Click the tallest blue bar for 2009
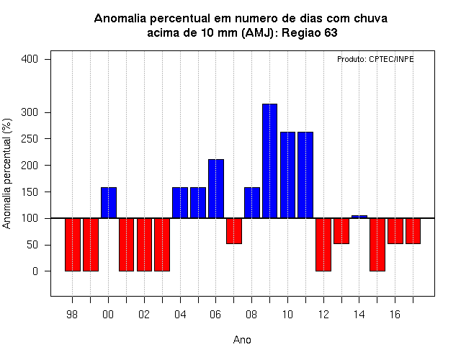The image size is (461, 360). [x=269, y=161]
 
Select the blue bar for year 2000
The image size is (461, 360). [x=109, y=202]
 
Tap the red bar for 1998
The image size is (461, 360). [x=73, y=245]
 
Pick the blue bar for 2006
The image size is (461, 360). [x=216, y=189]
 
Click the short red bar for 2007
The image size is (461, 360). [x=234, y=231]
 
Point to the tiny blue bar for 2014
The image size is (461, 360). [x=359, y=217]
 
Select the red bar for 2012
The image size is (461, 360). [x=323, y=245]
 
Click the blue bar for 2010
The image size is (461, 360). [x=287, y=175]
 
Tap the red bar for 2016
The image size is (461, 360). [x=395, y=231]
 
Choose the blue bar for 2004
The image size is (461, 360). [x=180, y=202]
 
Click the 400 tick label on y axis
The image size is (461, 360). [x=30, y=59]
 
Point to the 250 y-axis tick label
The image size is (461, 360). [x=30, y=139]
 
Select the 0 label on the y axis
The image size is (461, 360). [x=35, y=271]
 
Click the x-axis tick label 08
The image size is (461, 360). [x=251, y=315]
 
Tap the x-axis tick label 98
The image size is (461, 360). [x=72, y=315]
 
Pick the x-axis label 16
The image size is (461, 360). [x=395, y=315]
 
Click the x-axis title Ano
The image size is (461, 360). [x=242, y=340]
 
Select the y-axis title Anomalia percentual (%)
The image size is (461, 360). [x=6, y=174]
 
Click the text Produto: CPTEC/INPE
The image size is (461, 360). [x=375, y=59]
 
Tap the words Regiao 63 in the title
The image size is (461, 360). [x=309, y=32]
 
